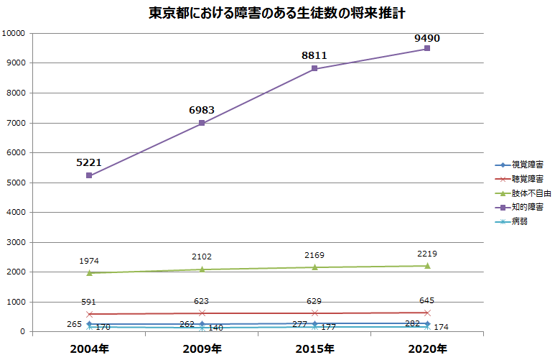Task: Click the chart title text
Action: (277, 14)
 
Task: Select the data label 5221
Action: (89, 162)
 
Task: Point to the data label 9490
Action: (427, 37)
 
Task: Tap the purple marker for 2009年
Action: (202, 123)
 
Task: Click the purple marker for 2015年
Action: (314, 69)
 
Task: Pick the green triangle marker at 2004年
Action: (89, 273)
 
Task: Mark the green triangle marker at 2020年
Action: (427, 266)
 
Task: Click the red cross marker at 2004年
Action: (89, 314)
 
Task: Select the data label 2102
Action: (202, 257)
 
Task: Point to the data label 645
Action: (427, 300)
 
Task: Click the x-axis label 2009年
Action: (202, 349)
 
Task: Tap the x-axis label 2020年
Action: (427, 349)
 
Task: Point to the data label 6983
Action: (202, 109)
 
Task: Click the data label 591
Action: (89, 302)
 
